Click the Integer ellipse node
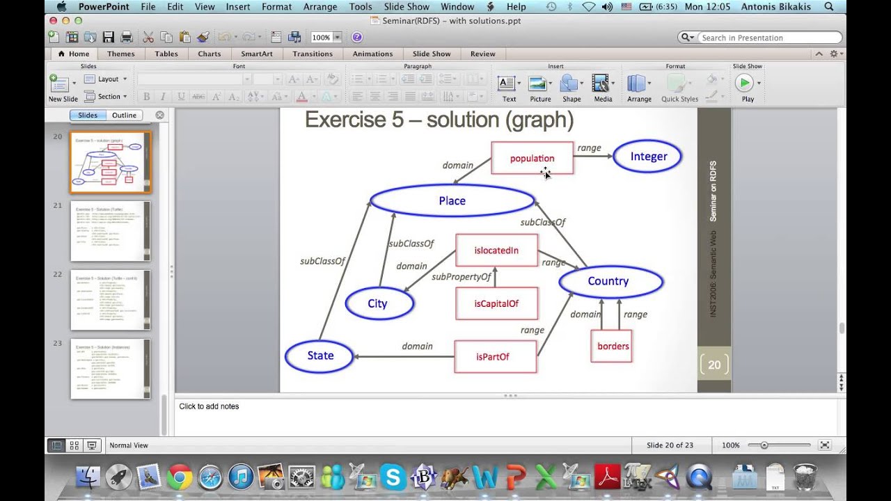pos(648,157)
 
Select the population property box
pos(532,159)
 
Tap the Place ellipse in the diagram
pos(452,201)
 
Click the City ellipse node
pos(379,303)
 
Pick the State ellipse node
pos(320,356)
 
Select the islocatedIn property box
pos(496,250)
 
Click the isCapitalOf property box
pos(496,303)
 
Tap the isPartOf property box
pos(494,356)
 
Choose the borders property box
pos(612,346)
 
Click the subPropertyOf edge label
pos(461,277)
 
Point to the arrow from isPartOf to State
pos(404,357)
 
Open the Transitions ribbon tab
pos(313,54)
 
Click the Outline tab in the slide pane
pos(125,116)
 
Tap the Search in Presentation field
pos(766,38)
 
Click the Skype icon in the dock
pos(393,477)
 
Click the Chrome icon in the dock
pos(180,477)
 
